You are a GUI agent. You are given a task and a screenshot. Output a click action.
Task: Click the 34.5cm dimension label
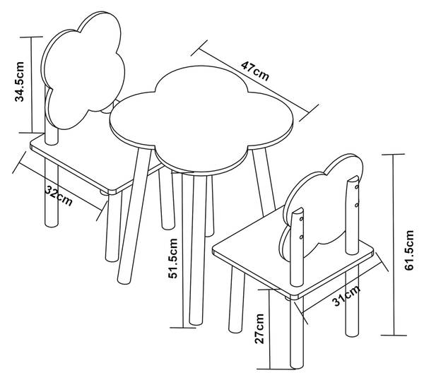[20, 82]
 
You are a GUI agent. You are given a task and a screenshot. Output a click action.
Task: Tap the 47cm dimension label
[255, 71]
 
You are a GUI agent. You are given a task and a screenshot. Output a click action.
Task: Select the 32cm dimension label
[59, 196]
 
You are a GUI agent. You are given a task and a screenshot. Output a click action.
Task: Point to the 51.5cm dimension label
[173, 258]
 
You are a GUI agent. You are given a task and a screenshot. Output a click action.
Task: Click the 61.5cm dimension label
[409, 250]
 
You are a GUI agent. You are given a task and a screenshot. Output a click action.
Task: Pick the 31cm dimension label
[346, 295]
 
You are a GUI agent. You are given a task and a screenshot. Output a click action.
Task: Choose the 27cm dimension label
[259, 328]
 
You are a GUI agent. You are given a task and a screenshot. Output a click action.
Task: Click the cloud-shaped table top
[202, 119]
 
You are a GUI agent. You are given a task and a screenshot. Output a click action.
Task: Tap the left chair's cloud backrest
[83, 70]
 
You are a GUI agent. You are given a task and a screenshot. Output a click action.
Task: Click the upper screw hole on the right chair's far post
[357, 186]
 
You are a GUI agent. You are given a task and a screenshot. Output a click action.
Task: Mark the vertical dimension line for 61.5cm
[394, 244]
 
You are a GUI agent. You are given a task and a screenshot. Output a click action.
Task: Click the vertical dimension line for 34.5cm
[32, 85]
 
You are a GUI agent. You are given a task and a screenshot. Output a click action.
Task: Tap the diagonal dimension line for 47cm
[254, 81]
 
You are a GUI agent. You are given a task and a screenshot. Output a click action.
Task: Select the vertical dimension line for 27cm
[270, 329]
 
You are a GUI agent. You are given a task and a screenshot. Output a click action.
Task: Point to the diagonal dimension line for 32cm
[61, 187]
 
